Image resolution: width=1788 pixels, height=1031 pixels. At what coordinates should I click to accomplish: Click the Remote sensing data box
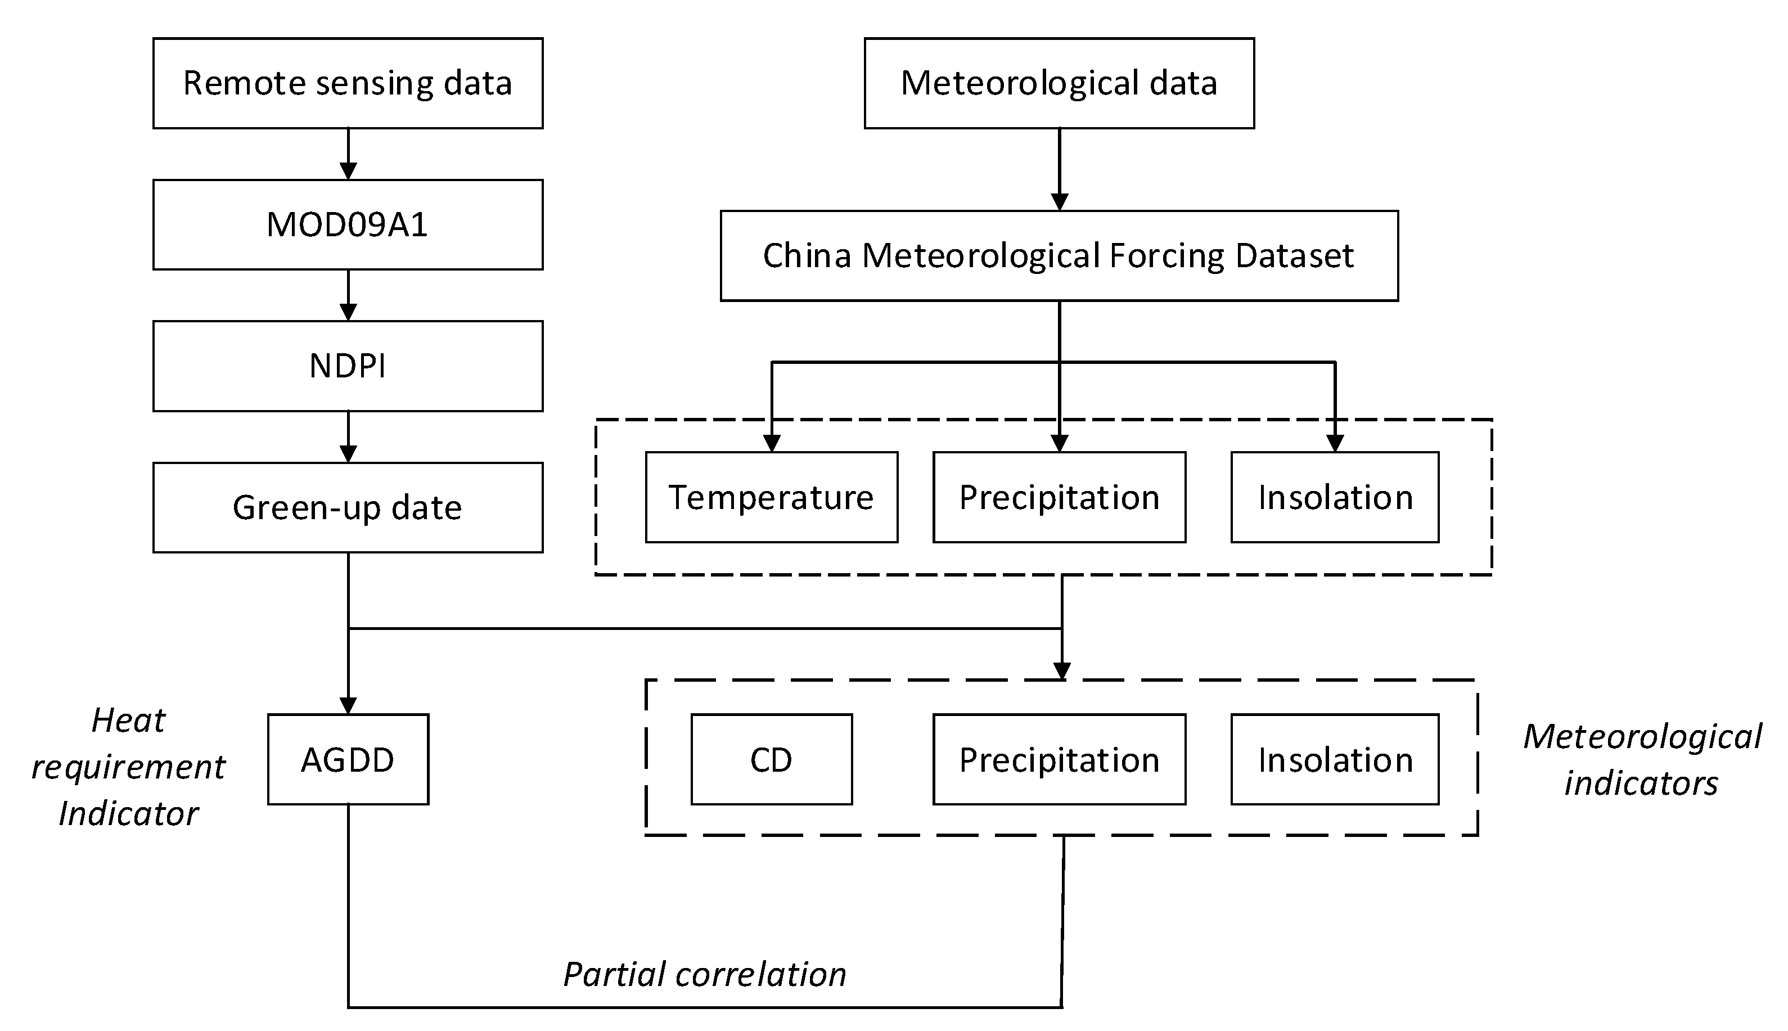(x=348, y=84)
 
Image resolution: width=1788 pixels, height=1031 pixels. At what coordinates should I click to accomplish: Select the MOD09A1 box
(x=348, y=224)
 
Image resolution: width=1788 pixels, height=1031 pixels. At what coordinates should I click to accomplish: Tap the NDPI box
(x=348, y=366)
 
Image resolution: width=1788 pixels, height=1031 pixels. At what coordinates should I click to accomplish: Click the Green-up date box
(x=348, y=508)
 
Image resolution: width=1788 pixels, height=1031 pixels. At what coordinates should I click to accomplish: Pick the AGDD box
(x=348, y=759)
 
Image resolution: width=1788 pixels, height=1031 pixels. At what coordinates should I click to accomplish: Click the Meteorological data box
(x=1059, y=84)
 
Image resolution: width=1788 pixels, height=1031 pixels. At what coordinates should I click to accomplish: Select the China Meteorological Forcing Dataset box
(x=1059, y=255)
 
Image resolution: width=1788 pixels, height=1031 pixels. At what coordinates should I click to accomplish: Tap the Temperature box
(x=771, y=497)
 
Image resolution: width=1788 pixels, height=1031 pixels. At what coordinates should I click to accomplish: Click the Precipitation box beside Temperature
(x=1059, y=497)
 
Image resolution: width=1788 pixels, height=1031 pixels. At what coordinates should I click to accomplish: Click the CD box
(x=771, y=759)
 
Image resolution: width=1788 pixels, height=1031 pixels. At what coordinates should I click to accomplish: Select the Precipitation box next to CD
(x=1059, y=759)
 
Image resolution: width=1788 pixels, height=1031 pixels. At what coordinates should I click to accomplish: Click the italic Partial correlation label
(x=704, y=974)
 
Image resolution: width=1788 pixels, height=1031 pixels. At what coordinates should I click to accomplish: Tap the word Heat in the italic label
(x=128, y=721)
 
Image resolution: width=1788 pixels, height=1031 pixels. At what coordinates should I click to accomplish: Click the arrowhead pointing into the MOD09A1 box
(x=348, y=170)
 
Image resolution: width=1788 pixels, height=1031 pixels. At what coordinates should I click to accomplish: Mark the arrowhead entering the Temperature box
(x=772, y=443)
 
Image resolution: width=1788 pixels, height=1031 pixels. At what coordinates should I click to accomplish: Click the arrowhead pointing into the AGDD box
(x=348, y=705)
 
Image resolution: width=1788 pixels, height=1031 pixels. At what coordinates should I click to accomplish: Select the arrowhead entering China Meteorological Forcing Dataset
(x=1059, y=202)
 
